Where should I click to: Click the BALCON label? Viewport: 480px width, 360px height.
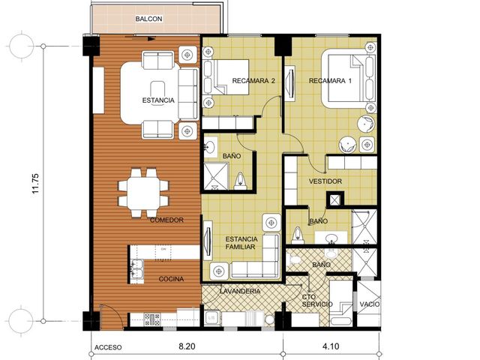[x=148, y=19]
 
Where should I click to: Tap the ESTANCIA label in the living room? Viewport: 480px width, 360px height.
[x=158, y=100]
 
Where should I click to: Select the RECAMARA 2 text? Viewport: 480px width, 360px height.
[x=253, y=81]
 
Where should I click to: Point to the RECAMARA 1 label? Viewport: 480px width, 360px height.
[x=330, y=81]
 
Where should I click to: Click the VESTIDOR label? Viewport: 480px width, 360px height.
[x=325, y=181]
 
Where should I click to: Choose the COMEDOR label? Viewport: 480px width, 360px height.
[x=166, y=220]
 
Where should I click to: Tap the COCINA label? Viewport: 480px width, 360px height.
[x=171, y=279]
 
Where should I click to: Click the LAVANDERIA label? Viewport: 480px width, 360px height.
[x=240, y=291]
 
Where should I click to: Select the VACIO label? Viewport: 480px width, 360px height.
[x=370, y=304]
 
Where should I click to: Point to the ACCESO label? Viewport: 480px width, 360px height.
[x=108, y=347]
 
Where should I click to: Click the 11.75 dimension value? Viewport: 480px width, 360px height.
[x=36, y=183]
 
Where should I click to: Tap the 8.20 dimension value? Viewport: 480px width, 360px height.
[x=187, y=346]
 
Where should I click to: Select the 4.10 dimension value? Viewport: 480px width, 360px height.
[x=331, y=346]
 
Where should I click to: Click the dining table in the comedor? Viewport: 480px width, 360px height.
[x=143, y=193]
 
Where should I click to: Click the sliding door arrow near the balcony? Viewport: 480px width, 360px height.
[x=140, y=38]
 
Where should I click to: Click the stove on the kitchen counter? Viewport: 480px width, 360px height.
[x=152, y=319]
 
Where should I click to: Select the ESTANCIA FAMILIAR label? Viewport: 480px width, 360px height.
[x=241, y=243]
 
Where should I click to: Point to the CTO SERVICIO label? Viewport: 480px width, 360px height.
[x=316, y=301]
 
